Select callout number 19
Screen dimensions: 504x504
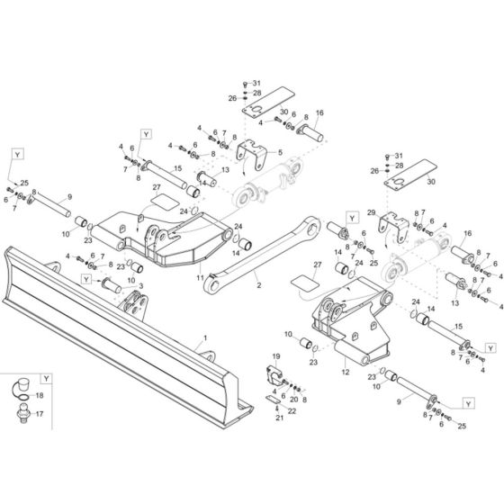(275, 357)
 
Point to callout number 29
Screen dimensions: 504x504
(369, 212)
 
